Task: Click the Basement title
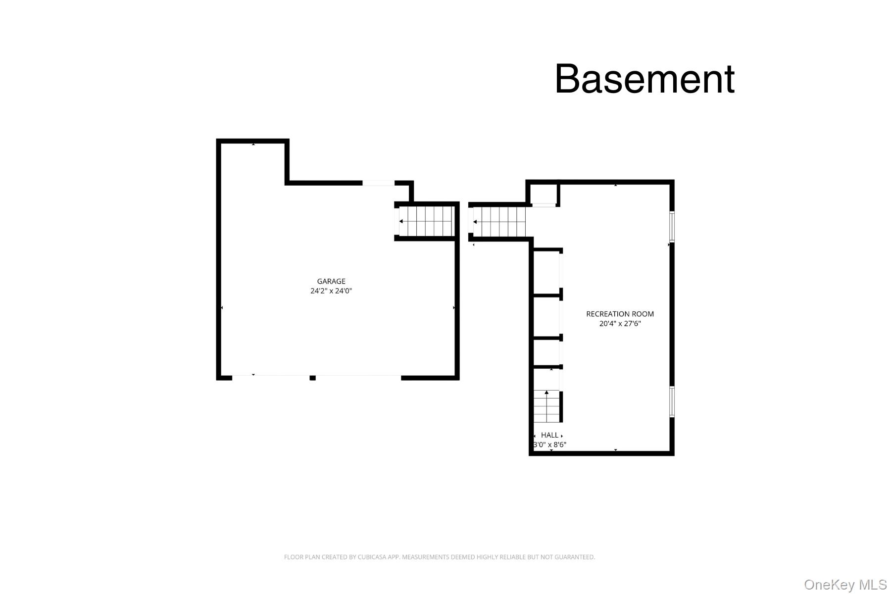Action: pyautogui.click(x=644, y=79)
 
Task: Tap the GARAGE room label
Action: pyautogui.click(x=331, y=281)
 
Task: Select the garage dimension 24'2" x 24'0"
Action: pyautogui.click(x=331, y=291)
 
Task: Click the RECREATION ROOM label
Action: pyautogui.click(x=620, y=314)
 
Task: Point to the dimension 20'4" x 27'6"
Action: pyautogui.click(x=620, y=324)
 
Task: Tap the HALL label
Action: pyautogui.click(x=549, y=435)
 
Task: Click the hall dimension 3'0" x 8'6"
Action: pyautogui.click(x=549, y=445)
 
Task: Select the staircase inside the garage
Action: pyautogui.click(x=426, y=221)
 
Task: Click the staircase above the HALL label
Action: pyautogui.click(x=546, y=406)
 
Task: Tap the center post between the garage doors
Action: pyautogui.click(x=312, y=378)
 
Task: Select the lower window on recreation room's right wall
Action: pyautogui.click(x=672, y=401)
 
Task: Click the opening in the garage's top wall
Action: pyautogui.click(x=378, y=183)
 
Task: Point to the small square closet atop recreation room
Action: pyautogui.click(x=543, y=194)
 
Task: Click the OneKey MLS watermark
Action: pyautogui.click(x=845, y=585)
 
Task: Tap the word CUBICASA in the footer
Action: pyautogui.click(x=373, y=557)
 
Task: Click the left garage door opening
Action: pyautogui.click(x=271, y=378)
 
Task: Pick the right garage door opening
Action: pyautogui.click(x=358, y=378)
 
